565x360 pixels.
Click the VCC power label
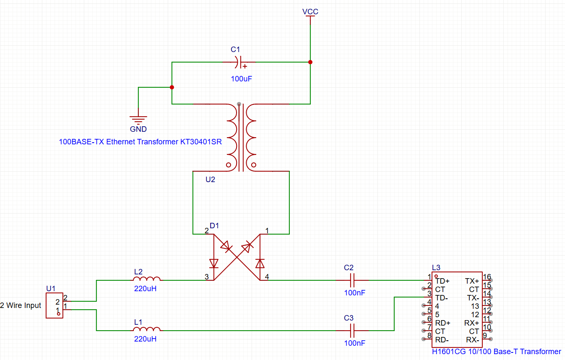coord(310,12)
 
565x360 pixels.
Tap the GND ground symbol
coord(138,119)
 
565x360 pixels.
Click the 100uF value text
coord(241,78)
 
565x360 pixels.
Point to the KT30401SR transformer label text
coord(140,142)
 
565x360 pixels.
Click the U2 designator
coord(210,180)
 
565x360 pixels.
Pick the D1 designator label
coord(214,226)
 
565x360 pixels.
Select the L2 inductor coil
coord(147,279)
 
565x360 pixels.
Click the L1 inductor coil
coord(147,330)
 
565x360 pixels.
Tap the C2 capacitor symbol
coord(352,280)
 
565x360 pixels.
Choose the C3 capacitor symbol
coord(352,331)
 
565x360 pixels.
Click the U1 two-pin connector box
coord(55,305)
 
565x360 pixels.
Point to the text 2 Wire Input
coord(21,305)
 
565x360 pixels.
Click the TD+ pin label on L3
coord(443,281)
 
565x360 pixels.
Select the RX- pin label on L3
coord(472,339)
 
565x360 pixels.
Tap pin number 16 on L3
coord(487,277)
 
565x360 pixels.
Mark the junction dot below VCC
coord(310,62)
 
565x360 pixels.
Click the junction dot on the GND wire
coord(172,87)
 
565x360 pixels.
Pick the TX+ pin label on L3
coord(472,281)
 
